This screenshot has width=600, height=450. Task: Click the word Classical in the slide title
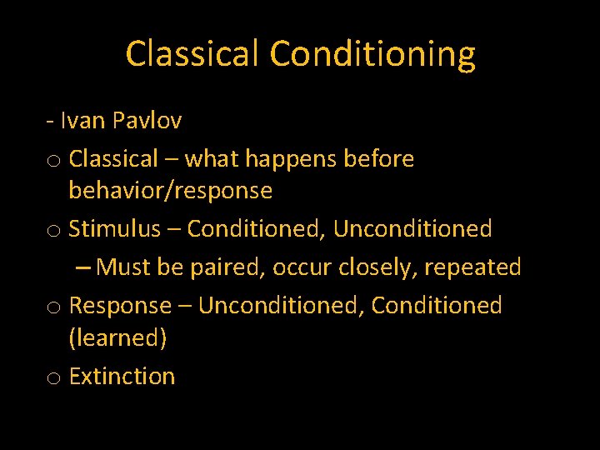tap(193, 54)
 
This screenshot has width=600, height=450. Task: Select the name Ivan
tap(82, 120)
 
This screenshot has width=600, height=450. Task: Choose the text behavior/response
tap(170, 191)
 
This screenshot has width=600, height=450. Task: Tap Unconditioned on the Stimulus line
tap(412, 228)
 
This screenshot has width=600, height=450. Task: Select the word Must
tap(123, 267)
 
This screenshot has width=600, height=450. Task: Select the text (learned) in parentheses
tap(117, 337)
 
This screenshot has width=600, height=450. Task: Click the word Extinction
tap(122, 377)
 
